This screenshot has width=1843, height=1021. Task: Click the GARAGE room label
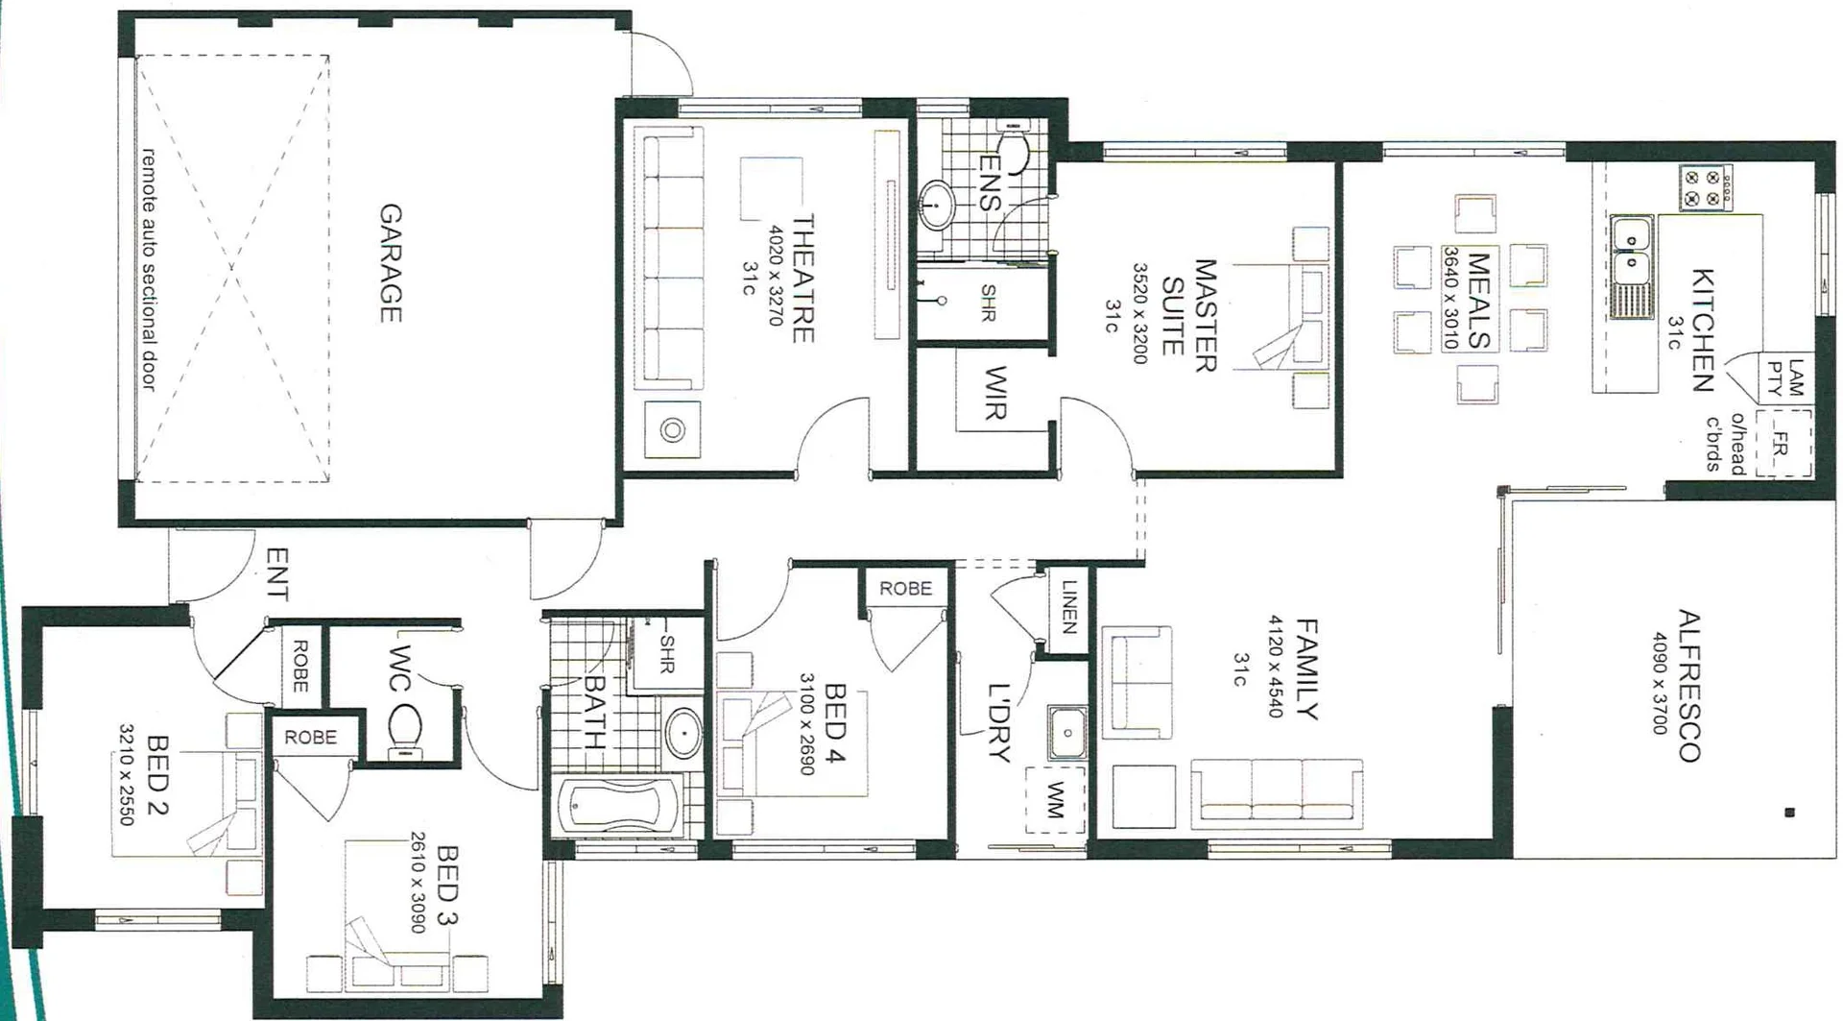(x=390, y=262)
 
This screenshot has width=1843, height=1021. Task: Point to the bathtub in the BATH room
(x=620, y=806)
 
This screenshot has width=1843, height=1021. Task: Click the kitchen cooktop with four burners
(x=1705, y=188)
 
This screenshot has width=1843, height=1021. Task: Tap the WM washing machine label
(x=1056, y=799)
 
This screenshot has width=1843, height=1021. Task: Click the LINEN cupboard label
(x=1068, y=607)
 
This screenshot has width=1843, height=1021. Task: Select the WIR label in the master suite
(x=995, y=393)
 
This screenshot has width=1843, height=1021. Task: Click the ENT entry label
(x=276, y=573)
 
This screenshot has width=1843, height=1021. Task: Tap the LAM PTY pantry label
(x=1785, y=377)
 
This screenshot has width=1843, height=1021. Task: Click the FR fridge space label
(x=1781, y=444)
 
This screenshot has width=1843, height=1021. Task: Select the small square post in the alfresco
(x=1789, y=813)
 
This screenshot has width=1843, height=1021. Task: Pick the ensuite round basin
(x=937, y=204)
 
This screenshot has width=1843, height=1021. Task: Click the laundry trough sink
(x=1067, y=733)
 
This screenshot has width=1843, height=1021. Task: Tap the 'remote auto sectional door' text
(x=149, y=268)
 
